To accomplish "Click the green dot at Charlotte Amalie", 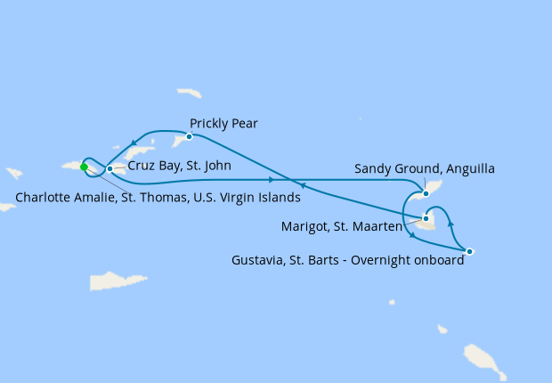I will [84, 167].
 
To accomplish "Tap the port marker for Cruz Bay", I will [110, 168].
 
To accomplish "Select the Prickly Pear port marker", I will [189, 136].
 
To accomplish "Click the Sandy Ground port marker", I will [426, 193].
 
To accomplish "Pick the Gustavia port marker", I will [469, 251].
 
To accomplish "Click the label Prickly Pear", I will [223, 124].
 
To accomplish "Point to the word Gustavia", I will [259, 261].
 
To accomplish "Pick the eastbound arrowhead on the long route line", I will [271, 179].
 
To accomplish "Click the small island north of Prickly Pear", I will [189, 93].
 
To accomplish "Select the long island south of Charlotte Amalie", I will [118, 281].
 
